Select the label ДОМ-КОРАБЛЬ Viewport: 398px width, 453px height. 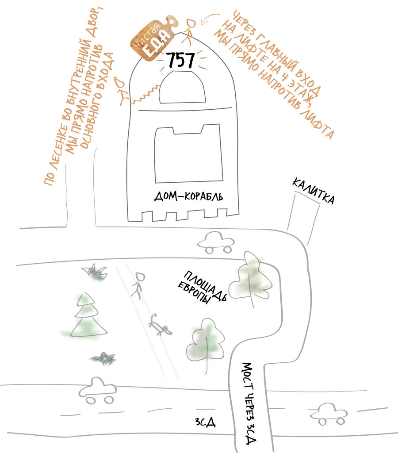click(x=189, y=196)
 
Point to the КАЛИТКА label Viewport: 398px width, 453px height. click(x=313, y=191)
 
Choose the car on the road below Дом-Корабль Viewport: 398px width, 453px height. click(x=215, y=243)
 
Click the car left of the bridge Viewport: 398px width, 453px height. click(x=97, y=390)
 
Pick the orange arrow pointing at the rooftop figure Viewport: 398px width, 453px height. click(x=211, y=18)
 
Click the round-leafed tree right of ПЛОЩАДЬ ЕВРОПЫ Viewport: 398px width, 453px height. click(x=250, y=278)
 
